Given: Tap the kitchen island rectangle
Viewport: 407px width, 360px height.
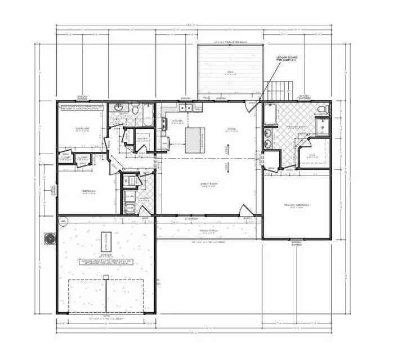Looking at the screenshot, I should point(195,140).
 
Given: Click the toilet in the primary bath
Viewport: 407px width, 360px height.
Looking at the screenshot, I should point(321,109).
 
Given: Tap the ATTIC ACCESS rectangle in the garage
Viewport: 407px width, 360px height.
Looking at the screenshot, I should point(105,242).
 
